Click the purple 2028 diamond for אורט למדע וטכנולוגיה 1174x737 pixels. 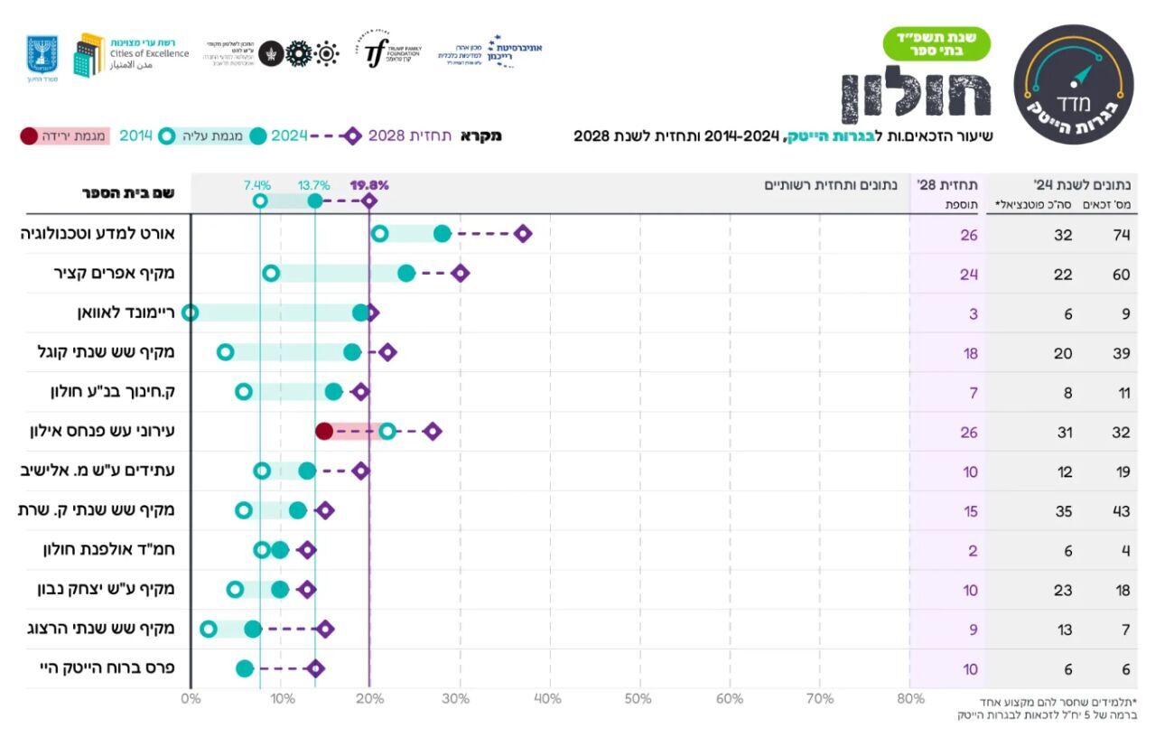coord(522,234)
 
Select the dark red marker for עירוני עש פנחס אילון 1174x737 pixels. coord(324,431)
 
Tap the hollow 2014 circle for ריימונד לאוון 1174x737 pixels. coord(190,313)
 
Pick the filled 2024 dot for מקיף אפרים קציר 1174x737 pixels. coord(406,274)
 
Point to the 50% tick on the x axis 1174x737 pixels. coord(638,699)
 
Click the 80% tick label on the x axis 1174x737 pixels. coord(910,699)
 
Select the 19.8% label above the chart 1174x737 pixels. coord(369,185)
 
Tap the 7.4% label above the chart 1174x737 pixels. coord(257,185)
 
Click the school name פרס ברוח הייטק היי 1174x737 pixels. coord(107,668)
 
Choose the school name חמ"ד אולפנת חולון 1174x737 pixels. coord(108,549)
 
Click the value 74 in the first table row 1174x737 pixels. coord(1121,235)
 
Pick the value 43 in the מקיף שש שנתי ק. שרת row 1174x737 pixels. coord(1121,511)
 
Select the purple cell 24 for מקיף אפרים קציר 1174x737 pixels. coord(969,275)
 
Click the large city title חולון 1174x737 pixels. coord(916,94)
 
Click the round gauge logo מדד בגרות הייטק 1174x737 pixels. coord(1073,84)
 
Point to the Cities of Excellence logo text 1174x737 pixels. coord(149,53)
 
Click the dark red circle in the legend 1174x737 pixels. coord(29,136)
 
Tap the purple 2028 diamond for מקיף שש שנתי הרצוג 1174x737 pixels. coord(325,629)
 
